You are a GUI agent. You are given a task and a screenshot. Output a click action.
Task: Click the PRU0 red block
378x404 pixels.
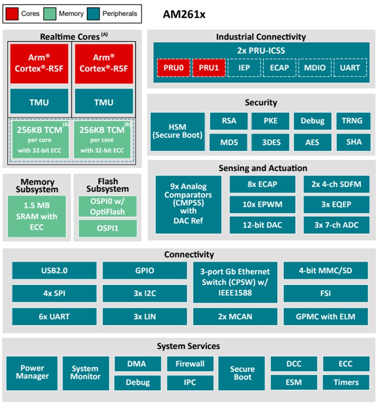click(174, 68)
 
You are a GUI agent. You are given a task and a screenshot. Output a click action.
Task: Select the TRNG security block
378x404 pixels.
click(353, 121)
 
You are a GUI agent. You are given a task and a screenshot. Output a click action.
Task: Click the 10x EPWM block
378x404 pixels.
click(262, 204)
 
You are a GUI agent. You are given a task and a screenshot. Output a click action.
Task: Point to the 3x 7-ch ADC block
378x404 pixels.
click(336, 225)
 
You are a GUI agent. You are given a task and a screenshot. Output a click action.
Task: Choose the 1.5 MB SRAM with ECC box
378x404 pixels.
click(37, 216)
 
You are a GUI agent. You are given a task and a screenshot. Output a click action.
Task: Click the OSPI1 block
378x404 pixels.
click(108, 228)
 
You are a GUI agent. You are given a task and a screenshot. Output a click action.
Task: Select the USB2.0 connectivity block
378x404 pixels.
click(54, 271)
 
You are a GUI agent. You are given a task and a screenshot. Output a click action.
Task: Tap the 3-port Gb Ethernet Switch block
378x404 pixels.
click(235, 282)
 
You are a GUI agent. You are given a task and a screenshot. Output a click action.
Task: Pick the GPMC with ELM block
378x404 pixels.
click(326, 316)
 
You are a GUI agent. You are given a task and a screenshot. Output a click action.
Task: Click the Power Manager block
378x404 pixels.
click(32, 372)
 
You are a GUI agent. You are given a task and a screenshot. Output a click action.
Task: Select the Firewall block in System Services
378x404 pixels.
click(190, 364)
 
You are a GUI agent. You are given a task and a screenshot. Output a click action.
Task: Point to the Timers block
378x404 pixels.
click(346, 382)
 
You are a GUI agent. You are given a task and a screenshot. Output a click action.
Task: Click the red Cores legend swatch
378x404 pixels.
click(12, 13)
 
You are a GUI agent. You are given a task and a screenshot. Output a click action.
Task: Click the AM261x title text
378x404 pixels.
click(184, 14)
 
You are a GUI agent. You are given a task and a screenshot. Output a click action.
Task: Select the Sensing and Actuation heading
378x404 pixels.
click(263, 168)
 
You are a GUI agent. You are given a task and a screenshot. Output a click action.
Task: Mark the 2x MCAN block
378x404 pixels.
click(235, 316)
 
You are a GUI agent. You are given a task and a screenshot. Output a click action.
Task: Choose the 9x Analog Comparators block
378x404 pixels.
click(188, 204)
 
